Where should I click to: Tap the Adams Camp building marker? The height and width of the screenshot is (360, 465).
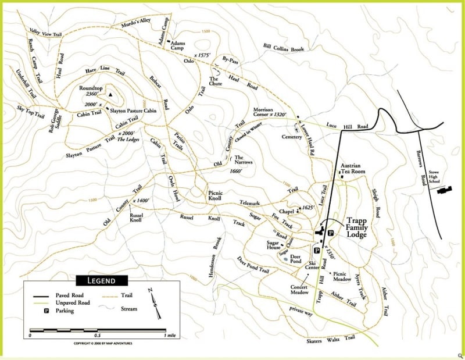click(x=168, y=41)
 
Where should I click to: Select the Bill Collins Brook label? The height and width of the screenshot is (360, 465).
click(x=283, y=48)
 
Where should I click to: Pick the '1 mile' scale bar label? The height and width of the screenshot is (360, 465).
click(x=171, y=336)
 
